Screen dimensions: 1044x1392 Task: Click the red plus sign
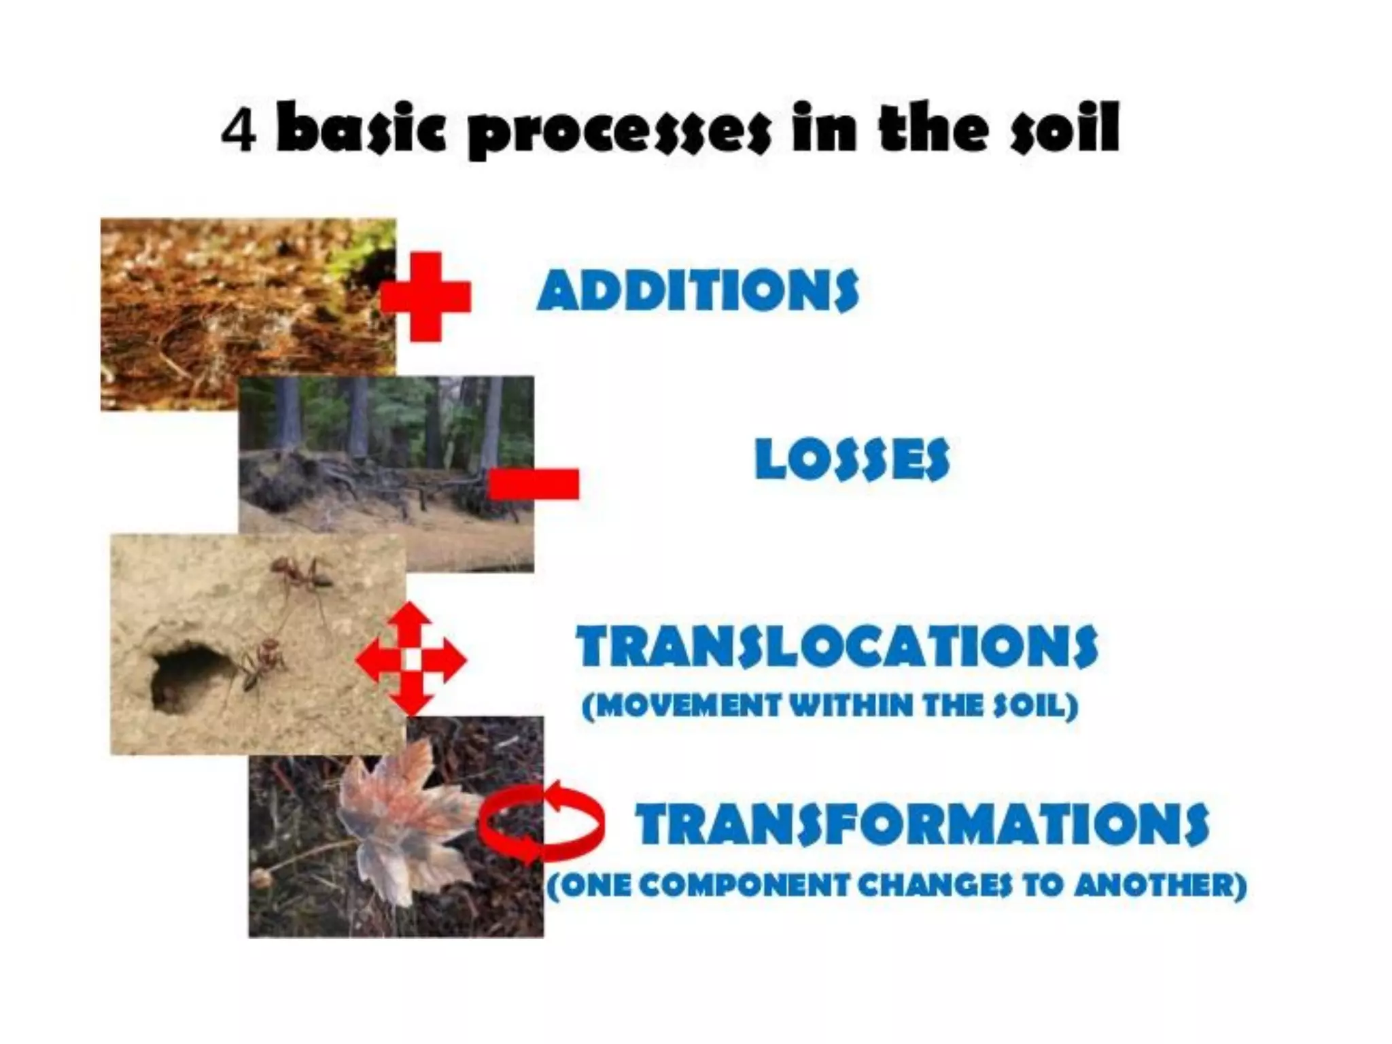[425, 297]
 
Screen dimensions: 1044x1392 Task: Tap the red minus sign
[534, 484]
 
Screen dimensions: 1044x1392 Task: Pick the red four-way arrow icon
[411, 659]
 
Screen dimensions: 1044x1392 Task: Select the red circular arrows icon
[541, 822]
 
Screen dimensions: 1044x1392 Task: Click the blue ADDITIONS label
[698, 290]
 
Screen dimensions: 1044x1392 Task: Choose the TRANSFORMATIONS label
[922, 823]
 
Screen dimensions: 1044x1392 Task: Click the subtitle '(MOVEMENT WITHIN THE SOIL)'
[830, 706]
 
